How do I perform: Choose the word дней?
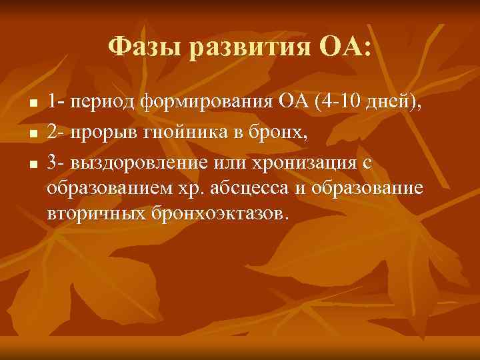click(399, 103)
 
